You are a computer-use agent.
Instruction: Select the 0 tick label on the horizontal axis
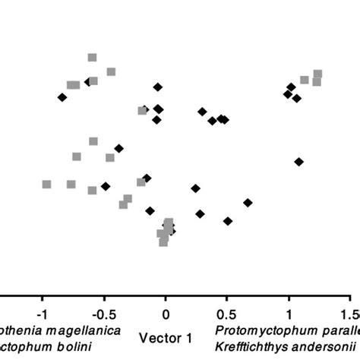tap(165, 313)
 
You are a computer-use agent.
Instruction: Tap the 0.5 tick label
tap(226, 313)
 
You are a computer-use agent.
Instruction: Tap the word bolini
tap(74, 347)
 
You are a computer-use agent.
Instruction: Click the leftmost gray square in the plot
tap(46, 184)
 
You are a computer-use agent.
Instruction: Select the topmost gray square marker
tap(92, 57)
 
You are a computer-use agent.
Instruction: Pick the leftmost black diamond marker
tap(62, 96)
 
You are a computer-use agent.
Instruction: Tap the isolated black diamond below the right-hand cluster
tap(298, 161)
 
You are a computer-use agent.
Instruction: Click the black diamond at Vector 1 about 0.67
tap(248, 203)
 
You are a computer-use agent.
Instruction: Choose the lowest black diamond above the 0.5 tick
tap(227, 221)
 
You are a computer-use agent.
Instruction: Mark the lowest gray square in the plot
tap(163, 242)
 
